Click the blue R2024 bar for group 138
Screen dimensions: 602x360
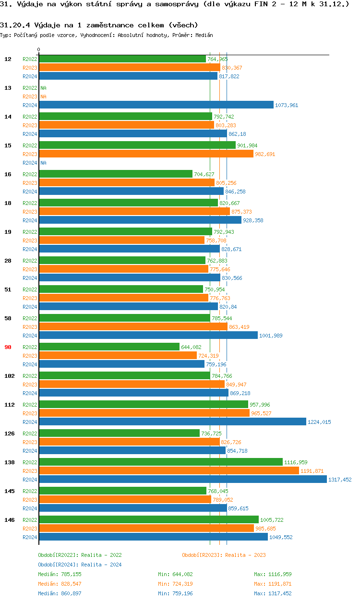click(x=182, y=480)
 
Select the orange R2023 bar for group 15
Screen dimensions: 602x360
click(x=146, y=154)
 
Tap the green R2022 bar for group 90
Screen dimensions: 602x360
click(x=109, y=347)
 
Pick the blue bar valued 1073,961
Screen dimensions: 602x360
click(x=156, y=105)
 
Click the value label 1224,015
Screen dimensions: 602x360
click(x=319, y=422)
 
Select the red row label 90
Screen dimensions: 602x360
click(x=8, y=347)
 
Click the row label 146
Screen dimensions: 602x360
click(x=9, y=520)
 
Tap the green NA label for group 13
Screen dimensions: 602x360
click(x=43, y=88)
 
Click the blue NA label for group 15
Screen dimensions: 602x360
click(x=43, y=163)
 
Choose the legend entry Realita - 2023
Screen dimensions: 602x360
click(x=224, y=555)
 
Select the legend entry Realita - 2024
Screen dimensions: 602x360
click(x=80, y=565)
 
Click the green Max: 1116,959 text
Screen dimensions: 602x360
click(x=273, y=574)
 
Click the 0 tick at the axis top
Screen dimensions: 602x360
click(x=39, y=49)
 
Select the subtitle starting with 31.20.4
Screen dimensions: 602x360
click(x=99, y=24)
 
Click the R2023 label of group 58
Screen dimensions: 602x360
click(x=30, y=327)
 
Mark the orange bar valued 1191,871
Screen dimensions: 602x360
click(x=168, y=471)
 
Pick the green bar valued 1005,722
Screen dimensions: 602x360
click(x=148, y=520)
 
